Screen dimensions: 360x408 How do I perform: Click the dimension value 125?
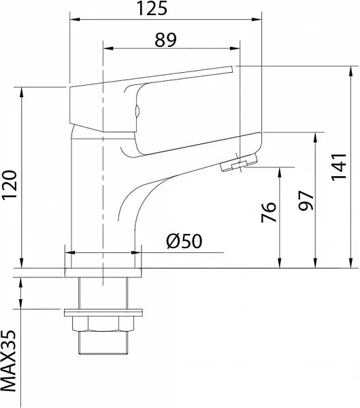tap(152, 8)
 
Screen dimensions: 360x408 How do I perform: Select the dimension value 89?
tap(165, 40)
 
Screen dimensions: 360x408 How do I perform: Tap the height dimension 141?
tap(339, 167)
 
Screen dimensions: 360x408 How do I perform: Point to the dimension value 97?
tap(306, 201)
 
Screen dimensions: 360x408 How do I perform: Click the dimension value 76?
tap(269, 212)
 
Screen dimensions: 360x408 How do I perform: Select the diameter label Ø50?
tap(184, 241)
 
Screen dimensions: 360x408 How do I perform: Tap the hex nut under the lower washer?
tap(103, 324)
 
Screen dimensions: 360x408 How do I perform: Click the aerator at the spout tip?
tap(239, 163)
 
